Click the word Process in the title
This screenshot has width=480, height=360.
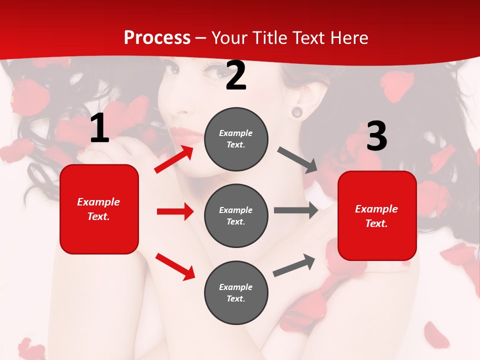click(157, 38)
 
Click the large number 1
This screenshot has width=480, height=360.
click(99, 128)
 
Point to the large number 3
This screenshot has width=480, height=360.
click(376, 136)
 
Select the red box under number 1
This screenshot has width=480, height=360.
click(99, 209)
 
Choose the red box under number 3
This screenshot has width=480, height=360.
click(377, 216)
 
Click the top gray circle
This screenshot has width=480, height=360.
click(236, 139)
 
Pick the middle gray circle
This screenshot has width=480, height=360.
click(236, 215)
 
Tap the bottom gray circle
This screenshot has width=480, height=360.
click(236, 292)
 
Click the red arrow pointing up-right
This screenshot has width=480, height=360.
click(174, 159)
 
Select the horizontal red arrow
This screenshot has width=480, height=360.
click(175, 211)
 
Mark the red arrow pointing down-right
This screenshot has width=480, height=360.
click(175, 266)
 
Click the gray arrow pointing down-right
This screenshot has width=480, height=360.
click(297, 160)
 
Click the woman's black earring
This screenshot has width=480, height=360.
click(297, 111)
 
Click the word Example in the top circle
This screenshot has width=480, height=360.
click(235, 133)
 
